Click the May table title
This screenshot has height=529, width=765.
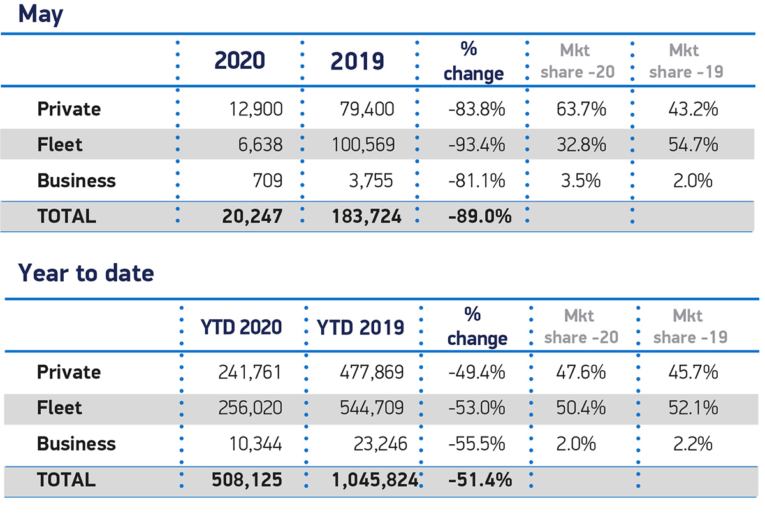click(41, 14)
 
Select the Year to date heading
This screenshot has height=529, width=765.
click(86, 273)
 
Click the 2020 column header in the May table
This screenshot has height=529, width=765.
click(240, 61)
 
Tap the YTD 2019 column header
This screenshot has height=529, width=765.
click(361, 327)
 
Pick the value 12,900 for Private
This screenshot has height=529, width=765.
click(256, 109)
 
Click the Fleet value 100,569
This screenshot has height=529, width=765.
click(363, 145)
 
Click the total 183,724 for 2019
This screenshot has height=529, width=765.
click(366, 217)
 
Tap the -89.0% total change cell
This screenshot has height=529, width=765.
click(479, 217)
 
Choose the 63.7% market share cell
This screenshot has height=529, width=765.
click(580, 109)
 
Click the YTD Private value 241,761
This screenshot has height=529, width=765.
click(250, 372)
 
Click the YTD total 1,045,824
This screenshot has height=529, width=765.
click(374, 480)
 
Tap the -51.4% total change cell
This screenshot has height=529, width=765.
click(480, 480)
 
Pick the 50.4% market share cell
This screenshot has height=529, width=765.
click(580, 408)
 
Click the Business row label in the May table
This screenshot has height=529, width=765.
click(76, 181)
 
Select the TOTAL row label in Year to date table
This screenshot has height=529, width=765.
click(66, 480)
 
